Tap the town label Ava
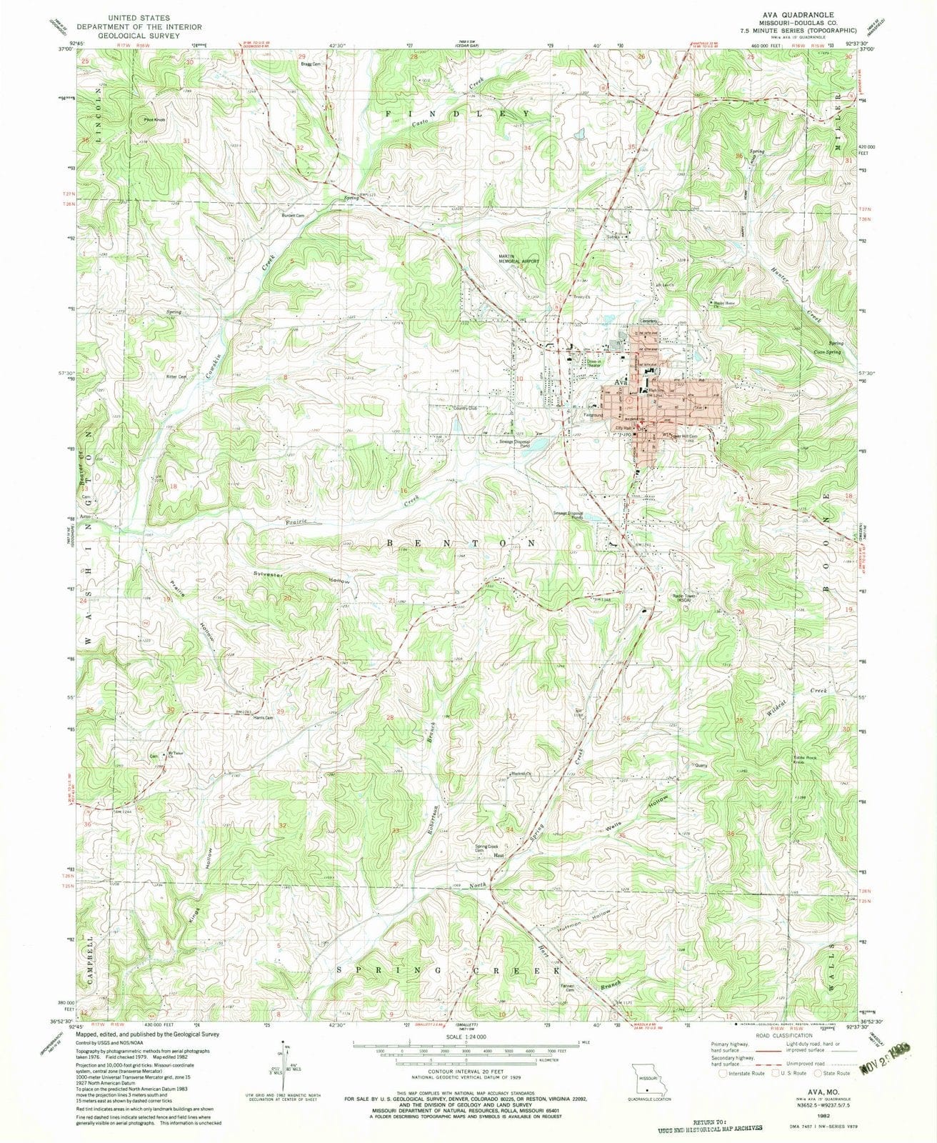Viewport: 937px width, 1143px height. point(621,382)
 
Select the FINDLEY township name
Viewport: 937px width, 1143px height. point(458,114)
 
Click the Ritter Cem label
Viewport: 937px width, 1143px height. point(176,376)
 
